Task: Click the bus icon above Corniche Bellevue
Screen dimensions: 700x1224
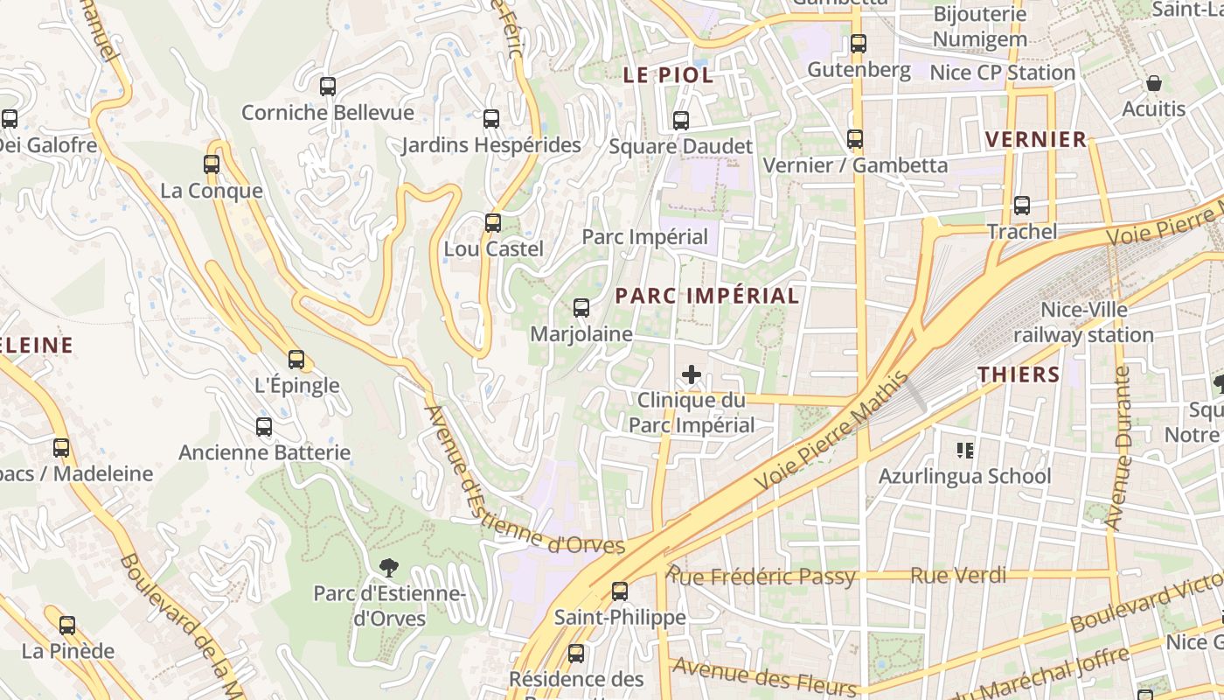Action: click(328, 87)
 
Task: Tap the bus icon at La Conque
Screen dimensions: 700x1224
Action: click(212, 164)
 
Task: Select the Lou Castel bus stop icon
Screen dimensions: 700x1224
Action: click(493, 222)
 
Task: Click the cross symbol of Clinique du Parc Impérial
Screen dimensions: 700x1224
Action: click(692, 375)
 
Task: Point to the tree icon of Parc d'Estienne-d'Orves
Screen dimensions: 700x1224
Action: click(389, 568)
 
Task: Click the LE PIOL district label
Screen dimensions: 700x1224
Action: click(668, 75)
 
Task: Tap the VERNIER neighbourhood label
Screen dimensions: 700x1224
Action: click(1036, 139)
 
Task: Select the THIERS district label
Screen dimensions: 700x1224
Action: click(1019, 374)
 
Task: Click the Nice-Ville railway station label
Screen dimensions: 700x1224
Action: click(1084, 322)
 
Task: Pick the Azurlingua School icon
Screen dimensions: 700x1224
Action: click(965, 451)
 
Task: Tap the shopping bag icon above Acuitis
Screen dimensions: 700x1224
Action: click(1154, 84)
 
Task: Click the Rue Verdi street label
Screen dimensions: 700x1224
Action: click(958, 576)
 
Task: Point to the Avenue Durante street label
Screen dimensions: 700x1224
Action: click(1118, 448)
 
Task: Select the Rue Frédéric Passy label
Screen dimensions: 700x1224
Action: click(761, 576)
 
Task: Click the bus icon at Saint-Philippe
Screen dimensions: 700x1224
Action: click(620, 591)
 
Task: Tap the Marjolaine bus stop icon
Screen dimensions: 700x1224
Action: click(581, 308)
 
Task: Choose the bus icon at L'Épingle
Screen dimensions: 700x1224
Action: click(296, 359)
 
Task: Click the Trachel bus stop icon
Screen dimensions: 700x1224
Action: click(1022, 206)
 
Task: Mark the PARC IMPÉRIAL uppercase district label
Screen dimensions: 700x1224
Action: click(706, 296)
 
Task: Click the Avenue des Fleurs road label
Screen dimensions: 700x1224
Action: click(764, 675)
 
